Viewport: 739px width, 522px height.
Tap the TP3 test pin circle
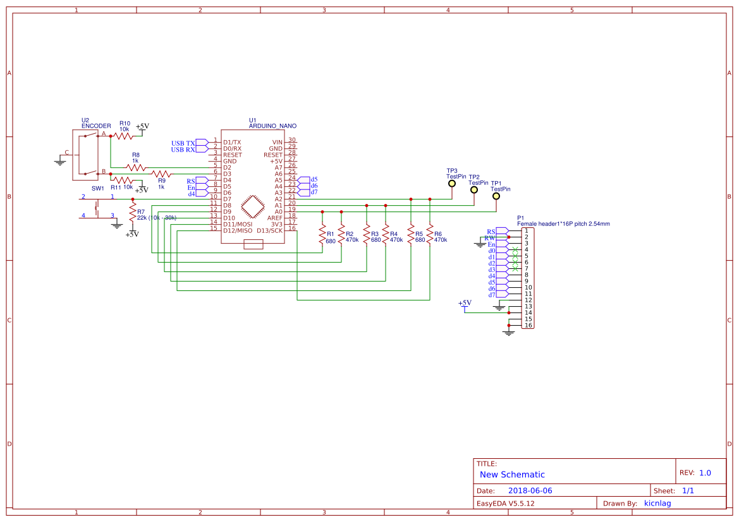pos(451,184)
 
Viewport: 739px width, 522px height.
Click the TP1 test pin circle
pos(496,196)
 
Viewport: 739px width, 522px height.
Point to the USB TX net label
pos(183,143)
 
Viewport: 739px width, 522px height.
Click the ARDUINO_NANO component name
pos(272,126)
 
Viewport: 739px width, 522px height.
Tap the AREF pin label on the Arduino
pos(274,218)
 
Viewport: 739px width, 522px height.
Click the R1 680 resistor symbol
pos(322,234)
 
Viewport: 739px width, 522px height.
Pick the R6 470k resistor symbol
pos(430,234)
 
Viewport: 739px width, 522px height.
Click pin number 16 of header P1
pos(528,326)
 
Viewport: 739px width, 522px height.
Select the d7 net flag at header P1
pos(492,295)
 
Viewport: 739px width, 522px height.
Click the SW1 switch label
pos(98,189)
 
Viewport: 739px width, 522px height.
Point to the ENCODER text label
pos(96,126)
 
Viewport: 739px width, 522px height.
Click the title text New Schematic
pos(512,475)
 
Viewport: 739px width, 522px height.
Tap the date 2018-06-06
pos(530,490)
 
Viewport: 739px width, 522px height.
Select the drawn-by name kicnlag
pos(657,504)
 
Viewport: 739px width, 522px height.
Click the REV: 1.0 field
pos(695,473)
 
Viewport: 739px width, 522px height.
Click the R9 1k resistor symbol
pos(162,174)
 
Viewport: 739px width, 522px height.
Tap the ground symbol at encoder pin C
pos(60,162)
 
